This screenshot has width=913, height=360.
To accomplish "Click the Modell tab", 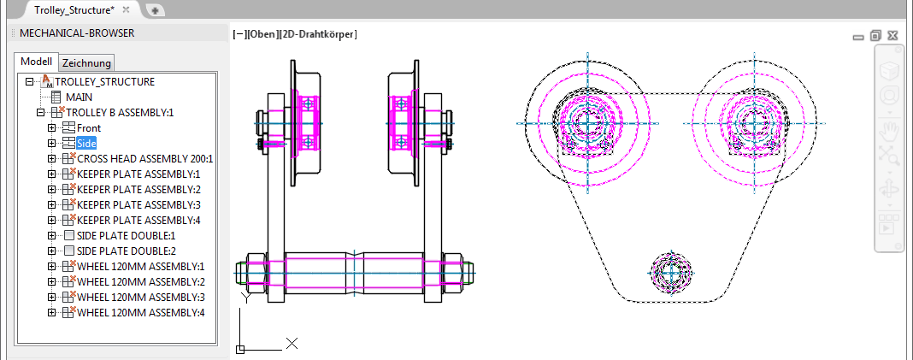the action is point(37,62).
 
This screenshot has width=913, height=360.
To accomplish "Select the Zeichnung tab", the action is point(86,62).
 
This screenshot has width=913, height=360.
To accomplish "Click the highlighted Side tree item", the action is point(86,143).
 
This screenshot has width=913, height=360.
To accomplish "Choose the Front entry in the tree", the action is point(89,127).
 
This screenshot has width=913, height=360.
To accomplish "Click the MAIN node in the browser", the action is point(79,97).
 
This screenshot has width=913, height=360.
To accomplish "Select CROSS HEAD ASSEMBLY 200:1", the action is point(145,158).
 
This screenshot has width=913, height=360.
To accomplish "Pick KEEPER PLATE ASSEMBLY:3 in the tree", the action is point(138,204).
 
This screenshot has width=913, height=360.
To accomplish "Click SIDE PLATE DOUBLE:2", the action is point(126,251).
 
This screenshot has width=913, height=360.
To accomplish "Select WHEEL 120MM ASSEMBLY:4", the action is point(141,312).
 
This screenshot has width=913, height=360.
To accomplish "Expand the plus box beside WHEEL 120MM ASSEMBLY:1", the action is point(51,266).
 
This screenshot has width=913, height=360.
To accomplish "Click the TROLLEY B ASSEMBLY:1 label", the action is point(120,112).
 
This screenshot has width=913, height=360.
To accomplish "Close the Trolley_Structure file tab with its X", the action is point(126,10).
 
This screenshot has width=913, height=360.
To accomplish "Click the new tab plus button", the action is point(155,10).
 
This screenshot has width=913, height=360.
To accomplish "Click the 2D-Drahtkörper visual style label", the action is point(318,34).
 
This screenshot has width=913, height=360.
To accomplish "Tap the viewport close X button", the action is point(892,36).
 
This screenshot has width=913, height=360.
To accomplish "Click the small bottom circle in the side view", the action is point(671,273).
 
